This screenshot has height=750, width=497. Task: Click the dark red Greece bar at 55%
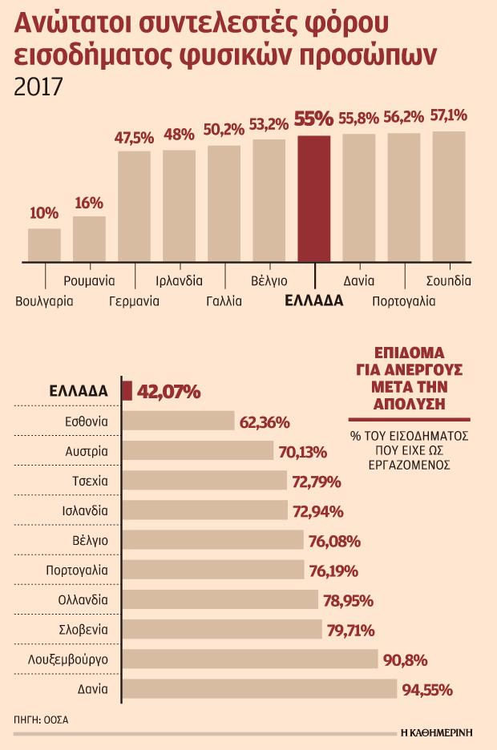(313, 198)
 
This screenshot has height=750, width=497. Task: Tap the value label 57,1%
(449, 115)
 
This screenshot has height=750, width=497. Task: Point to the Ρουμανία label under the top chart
(89, 281)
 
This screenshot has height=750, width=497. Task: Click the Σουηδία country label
(448, 281)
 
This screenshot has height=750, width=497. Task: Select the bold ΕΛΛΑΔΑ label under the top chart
(314, 301)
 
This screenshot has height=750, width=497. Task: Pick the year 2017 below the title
(38, 86)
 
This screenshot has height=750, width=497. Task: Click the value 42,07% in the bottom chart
(169, 392)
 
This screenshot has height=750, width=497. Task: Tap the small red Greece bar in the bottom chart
(127, 390)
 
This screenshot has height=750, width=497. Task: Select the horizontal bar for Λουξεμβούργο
(250, 659)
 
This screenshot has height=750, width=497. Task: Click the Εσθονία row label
(86, 421)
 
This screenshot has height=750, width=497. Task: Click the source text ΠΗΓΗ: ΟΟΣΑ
(42, 720)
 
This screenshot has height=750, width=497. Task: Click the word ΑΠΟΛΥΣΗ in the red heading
(409, 403)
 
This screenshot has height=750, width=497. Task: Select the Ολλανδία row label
(83, 599)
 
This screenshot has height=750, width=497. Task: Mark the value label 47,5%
(134, 137)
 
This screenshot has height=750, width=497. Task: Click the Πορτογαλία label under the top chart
(403, 301)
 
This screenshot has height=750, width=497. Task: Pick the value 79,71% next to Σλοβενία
(351, 630)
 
